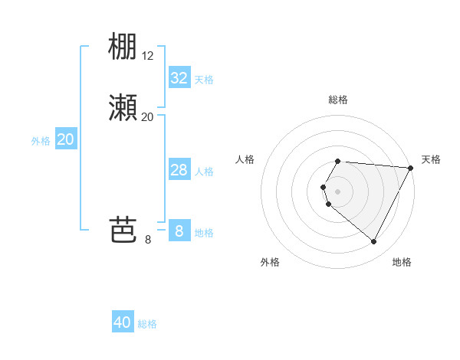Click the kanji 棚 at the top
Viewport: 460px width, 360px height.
[x=123, y=47]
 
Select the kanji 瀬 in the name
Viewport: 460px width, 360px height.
[x=123, y=109]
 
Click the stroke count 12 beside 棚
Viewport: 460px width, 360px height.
[x=148, y=56]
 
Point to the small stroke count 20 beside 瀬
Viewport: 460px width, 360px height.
[x=148, y=117]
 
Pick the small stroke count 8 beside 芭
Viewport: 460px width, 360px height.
[x=148, y=240]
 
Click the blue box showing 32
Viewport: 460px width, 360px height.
[x=179, y=78]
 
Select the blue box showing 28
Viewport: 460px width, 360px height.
[x=179, y=170]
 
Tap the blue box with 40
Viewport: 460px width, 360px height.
[x=123, y=322]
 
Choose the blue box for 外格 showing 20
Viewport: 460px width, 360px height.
[x=66, y=139]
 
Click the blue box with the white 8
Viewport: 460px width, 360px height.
[x=179, y=231]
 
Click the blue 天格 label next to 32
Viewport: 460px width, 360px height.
[x=204, y=80]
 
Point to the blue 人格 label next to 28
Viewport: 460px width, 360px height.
[x=204, y=172]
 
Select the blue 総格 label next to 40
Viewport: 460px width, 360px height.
[x=147, y=324]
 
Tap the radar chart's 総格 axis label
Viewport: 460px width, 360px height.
[x=338, y=100]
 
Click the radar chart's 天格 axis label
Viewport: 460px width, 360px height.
[x=431, y=159]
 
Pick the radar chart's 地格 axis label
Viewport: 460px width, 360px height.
[x=402, y=262]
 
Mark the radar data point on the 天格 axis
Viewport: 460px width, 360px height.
[x=410, y=168]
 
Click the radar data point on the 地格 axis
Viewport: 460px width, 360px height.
[x=373, y=241]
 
